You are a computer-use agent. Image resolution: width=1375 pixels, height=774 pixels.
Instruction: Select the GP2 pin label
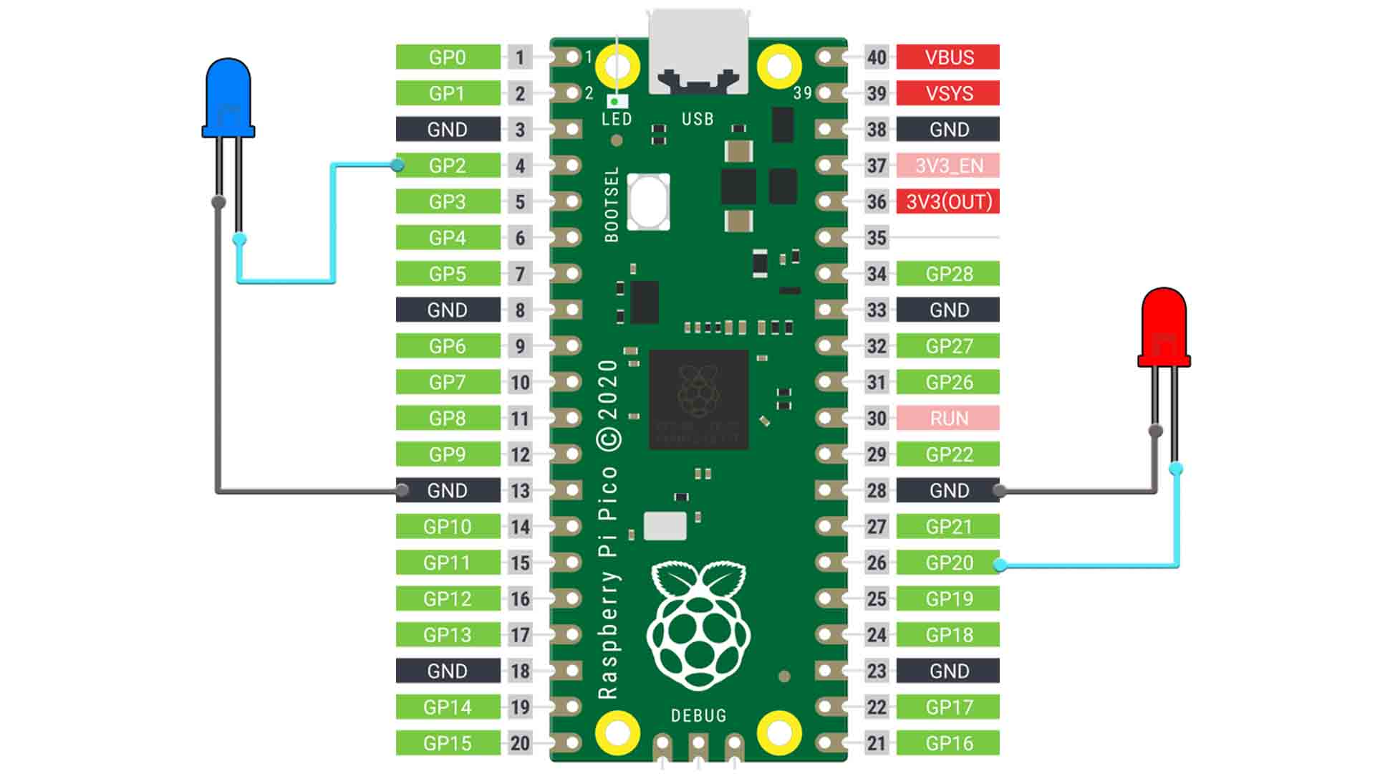[x=448, y=166]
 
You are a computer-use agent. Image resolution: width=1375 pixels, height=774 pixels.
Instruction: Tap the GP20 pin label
[x=949, y=563]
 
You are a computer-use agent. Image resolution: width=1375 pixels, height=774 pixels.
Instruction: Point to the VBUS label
[x=949, y=57]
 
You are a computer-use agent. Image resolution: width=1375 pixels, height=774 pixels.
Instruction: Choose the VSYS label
[x=949, y=93]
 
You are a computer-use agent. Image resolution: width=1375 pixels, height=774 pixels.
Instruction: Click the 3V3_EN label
[x=949, y=166]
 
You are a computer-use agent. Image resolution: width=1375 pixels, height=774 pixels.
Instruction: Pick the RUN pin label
[x=949, y=418]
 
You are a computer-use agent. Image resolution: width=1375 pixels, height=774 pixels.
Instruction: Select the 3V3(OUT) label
[x=949, y=201]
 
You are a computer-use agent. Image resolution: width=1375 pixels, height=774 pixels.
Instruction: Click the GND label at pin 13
[x=448, y=490]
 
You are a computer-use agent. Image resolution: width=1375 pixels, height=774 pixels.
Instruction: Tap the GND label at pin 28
[x=949, y=490]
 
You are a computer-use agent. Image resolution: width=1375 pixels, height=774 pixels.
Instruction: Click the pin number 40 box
[x=877, y=57]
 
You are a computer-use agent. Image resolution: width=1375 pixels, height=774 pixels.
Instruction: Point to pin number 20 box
[x=520, y=743]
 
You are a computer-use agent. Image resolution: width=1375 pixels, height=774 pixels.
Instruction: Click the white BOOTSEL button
[x=649, y=201]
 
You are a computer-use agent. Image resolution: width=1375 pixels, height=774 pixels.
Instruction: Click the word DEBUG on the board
[x=698, y=715]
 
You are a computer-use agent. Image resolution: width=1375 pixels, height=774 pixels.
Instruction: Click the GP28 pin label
[x=949, y=274]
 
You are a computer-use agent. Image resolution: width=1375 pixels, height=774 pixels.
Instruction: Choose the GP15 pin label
[x=448, y=743]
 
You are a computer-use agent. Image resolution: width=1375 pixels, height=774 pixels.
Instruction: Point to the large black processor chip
[x=698, y=400]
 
